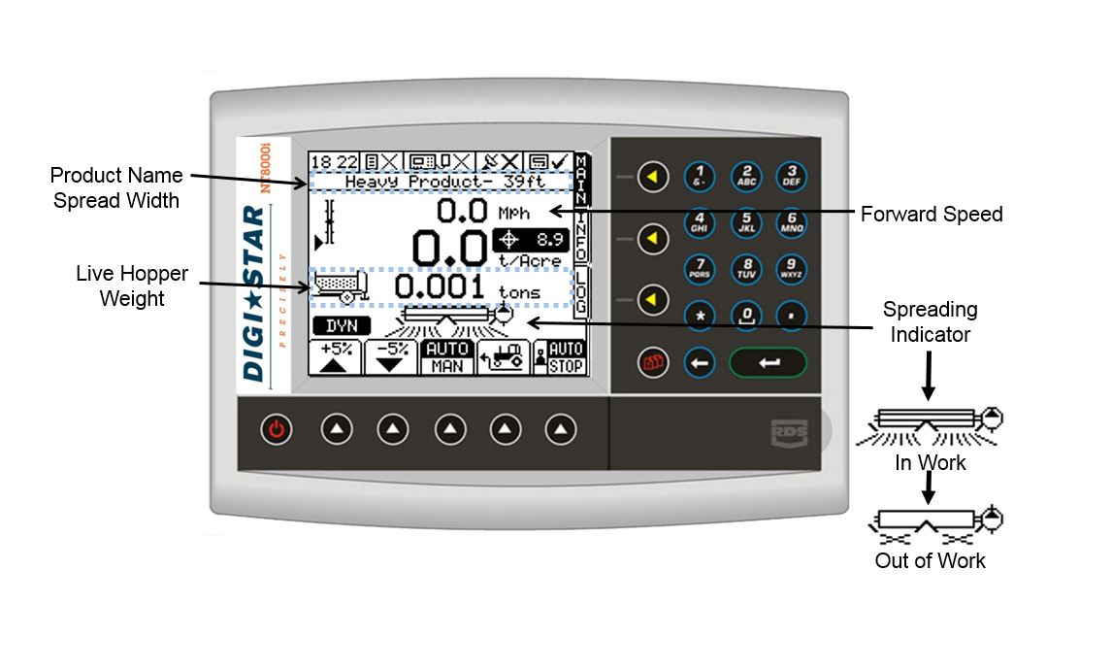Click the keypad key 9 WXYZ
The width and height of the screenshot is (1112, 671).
pyautogui.click(x=792, y=269)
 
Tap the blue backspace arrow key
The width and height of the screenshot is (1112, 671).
pyautogui.click(x=700, y=363)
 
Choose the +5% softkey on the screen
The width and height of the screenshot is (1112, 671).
pyautogui.click(x=335, y=356)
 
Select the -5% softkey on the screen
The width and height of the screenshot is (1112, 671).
pyautogui.click(x=391, y=356)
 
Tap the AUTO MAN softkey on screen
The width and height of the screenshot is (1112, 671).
pyautogui.click(x=447, y=356)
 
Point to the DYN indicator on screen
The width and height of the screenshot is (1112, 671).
pyautogui.click(x=342, y=326)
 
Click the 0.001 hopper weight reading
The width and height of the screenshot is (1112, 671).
pyautogui.click(x=439, y=287)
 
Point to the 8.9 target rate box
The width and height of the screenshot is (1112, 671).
pyautogui.click(x=531, y=238)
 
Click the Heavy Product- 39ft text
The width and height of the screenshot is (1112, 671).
pyautogui.click(x=443, y=182)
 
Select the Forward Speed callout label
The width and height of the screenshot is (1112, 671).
pyautogui.click(x=932, y=215)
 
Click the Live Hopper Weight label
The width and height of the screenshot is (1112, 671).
pyautogui.click(x=132, y=286)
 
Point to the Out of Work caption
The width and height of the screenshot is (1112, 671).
pyautogui.click(x=930, y=560)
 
